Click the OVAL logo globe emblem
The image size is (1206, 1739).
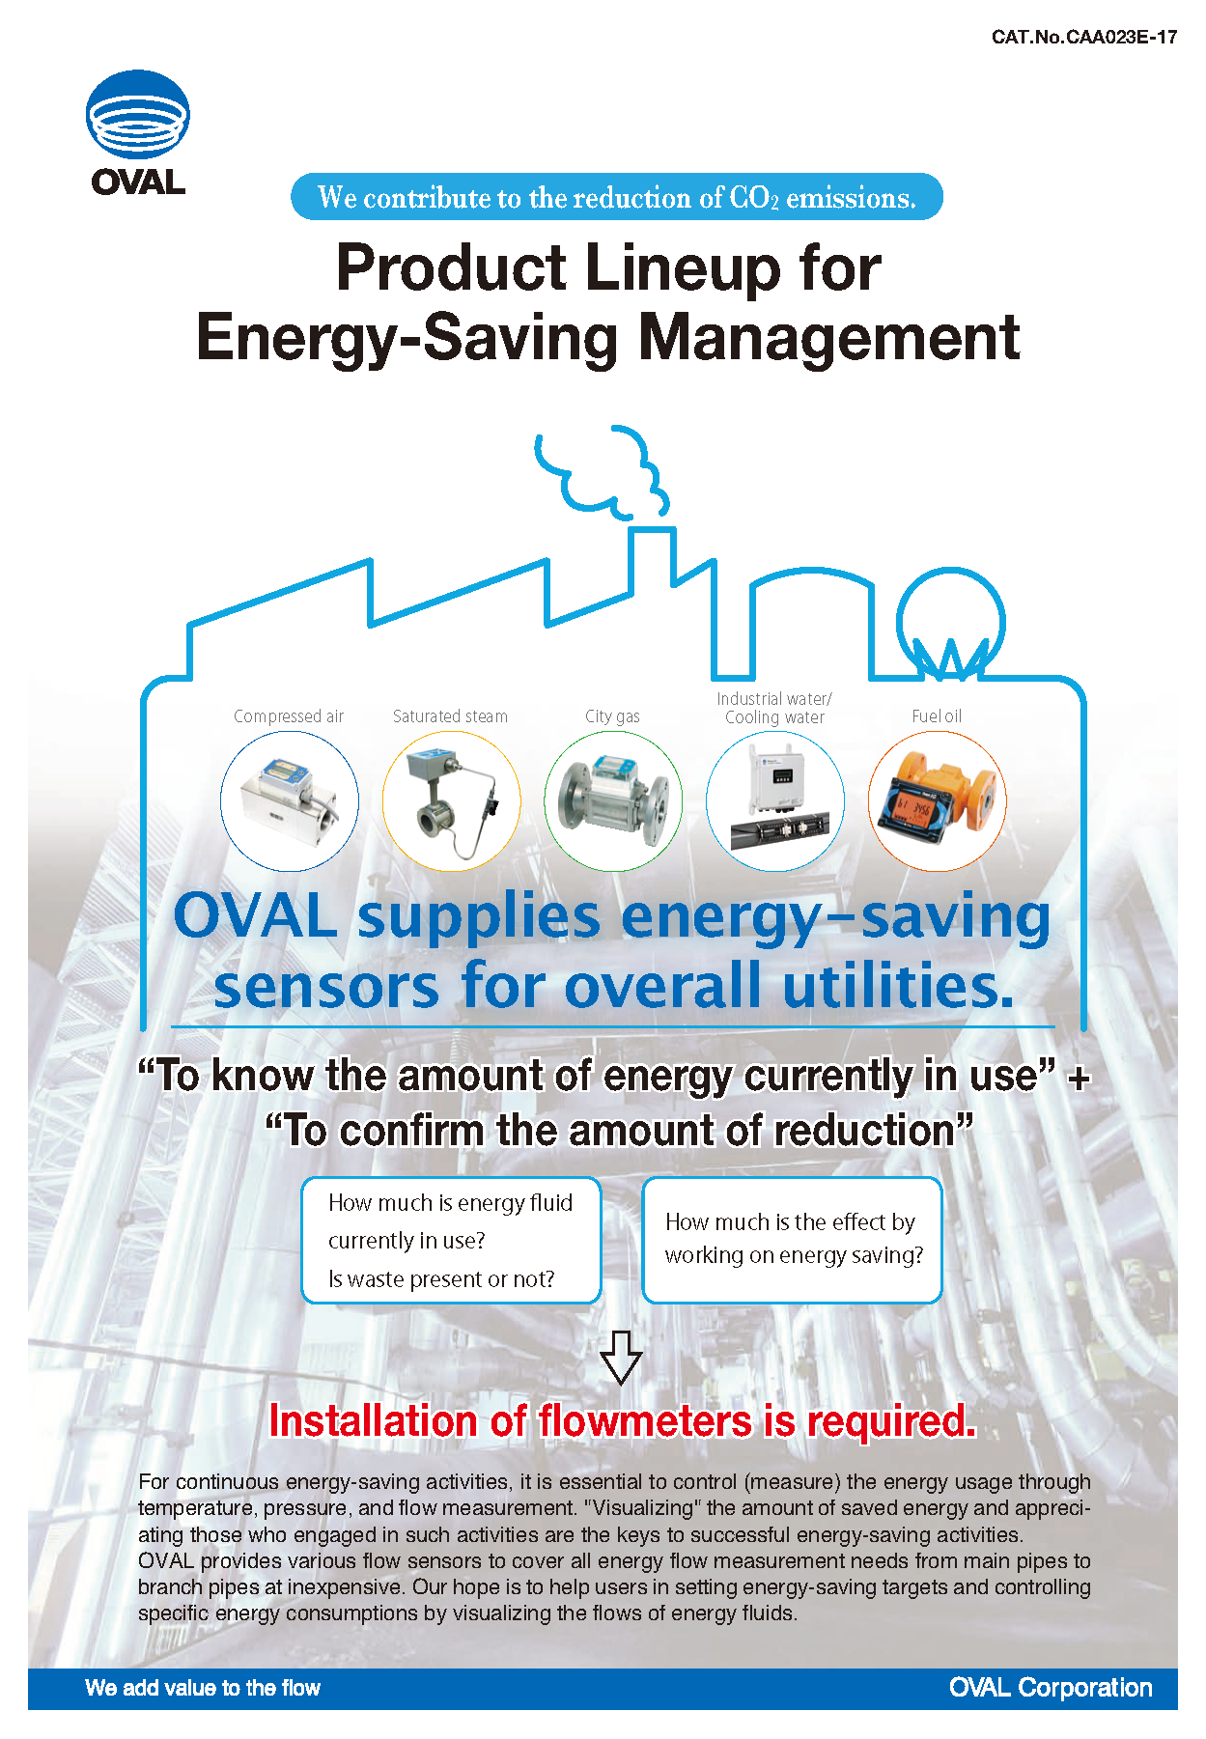[138, 114]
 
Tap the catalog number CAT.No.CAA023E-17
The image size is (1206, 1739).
[1084, 38]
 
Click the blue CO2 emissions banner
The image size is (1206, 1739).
[616, 197]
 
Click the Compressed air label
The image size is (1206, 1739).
[289, 716]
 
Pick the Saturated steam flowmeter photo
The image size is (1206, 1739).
[451, 801]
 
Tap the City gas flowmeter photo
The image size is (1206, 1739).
[613, 801]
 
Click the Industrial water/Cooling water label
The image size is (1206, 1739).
[774, 708]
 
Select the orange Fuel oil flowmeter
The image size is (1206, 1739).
[938, 801]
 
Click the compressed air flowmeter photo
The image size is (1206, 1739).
[290, 801]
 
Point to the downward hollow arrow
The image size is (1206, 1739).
[621, 1357]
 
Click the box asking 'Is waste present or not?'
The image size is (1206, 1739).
[451, 1241]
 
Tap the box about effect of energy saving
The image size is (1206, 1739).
[792, 1241]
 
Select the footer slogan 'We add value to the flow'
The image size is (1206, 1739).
[203, 1688]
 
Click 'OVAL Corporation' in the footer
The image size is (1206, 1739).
[1051, 1688]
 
